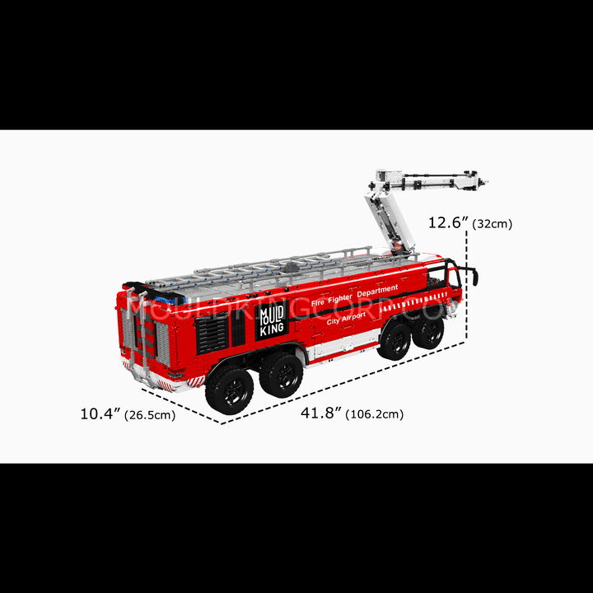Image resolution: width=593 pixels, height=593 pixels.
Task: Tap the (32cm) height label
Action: [x=492, y=224]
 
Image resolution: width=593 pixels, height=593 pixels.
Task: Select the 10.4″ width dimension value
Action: [x=100, y=413]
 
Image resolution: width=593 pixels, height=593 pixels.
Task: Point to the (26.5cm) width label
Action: [x=150, y=415]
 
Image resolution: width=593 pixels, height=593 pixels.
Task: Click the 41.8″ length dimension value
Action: [x=321, y=413]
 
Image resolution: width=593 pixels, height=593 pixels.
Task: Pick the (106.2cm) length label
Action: [x=375, y=414]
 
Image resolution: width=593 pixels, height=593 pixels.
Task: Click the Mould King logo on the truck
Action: [x=272, y=321]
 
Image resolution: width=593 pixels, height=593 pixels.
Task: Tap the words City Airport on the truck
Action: [x=346, y=318]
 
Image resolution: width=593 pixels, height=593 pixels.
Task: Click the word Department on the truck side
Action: [x=377, y=291]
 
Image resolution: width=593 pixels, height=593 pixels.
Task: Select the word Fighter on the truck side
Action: [x=340, y=299]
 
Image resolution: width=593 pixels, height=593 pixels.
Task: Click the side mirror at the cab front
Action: [x=475, y=278]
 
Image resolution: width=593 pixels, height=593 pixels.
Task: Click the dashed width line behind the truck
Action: [x=181, y=406]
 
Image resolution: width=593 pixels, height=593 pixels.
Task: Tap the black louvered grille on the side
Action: [x=212, y=335]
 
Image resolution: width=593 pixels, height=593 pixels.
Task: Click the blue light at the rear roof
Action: [x=171, y=301]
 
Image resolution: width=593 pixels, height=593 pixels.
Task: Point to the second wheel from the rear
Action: [x=282, y=375]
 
